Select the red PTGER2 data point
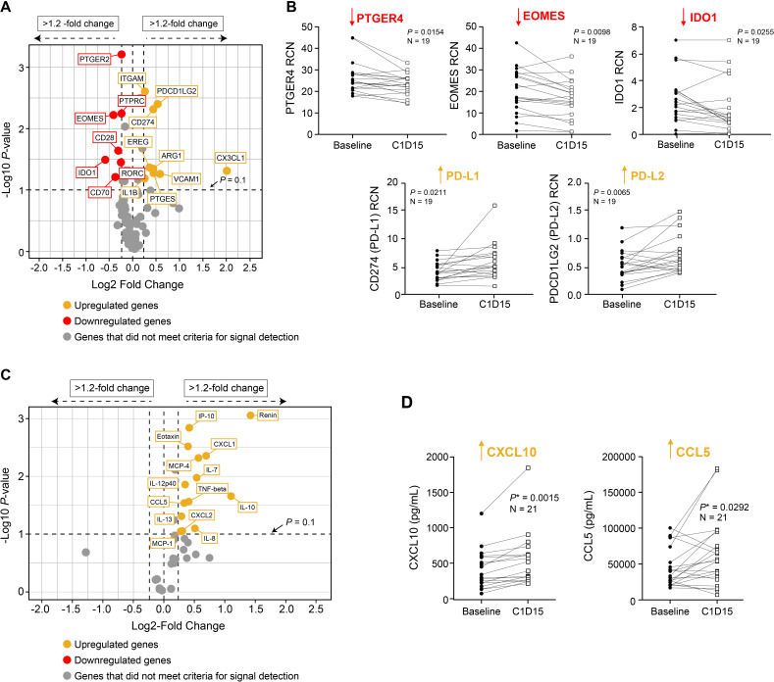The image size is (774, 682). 122,55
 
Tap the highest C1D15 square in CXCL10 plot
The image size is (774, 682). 554,467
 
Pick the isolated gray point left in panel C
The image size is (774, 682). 86,553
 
